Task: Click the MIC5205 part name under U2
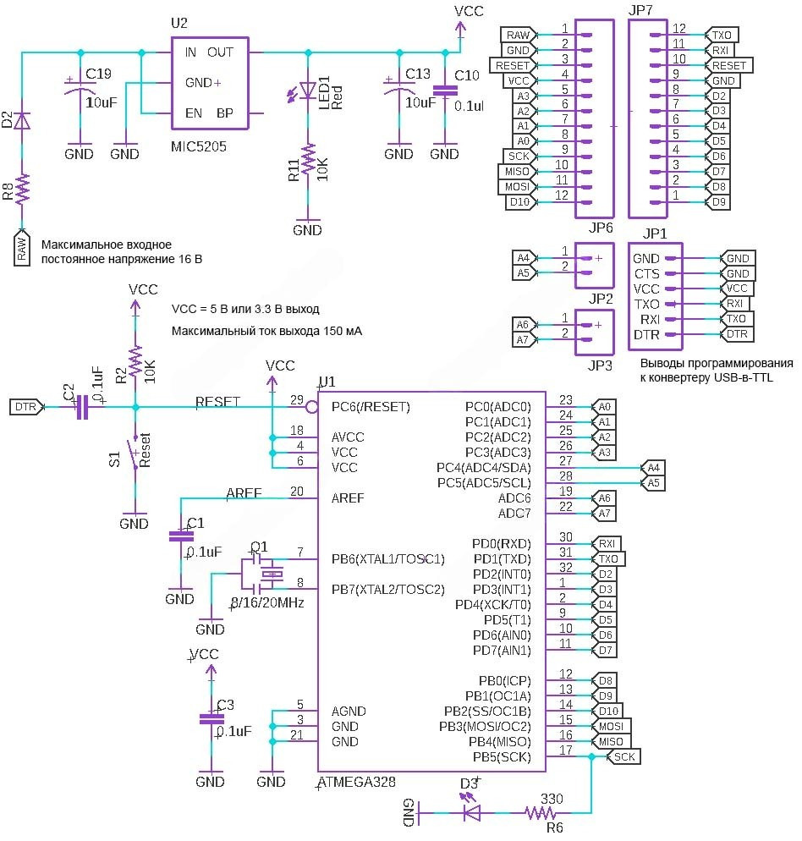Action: [x=199, y=146]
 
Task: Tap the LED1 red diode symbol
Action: [x=307, y=91]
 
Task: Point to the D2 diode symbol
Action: [x=23, y=120]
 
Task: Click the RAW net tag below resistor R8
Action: [x=23, y=248]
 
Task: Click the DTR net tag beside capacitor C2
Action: [x=25, y=407]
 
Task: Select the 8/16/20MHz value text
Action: [x=266, y=603]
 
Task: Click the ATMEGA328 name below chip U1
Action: [x=355, y=782]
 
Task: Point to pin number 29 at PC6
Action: [x=296, y=399]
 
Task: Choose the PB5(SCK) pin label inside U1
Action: [x=501, y=757]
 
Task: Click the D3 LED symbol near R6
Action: [x=472, y=814]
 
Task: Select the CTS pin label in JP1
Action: [x=646, y=274]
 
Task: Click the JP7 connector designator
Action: [x=641, y=11]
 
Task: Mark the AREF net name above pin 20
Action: [x=244, y=492]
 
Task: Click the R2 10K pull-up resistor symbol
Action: [x=135, y=364]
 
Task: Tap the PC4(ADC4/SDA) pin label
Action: [x=483, y=468]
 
